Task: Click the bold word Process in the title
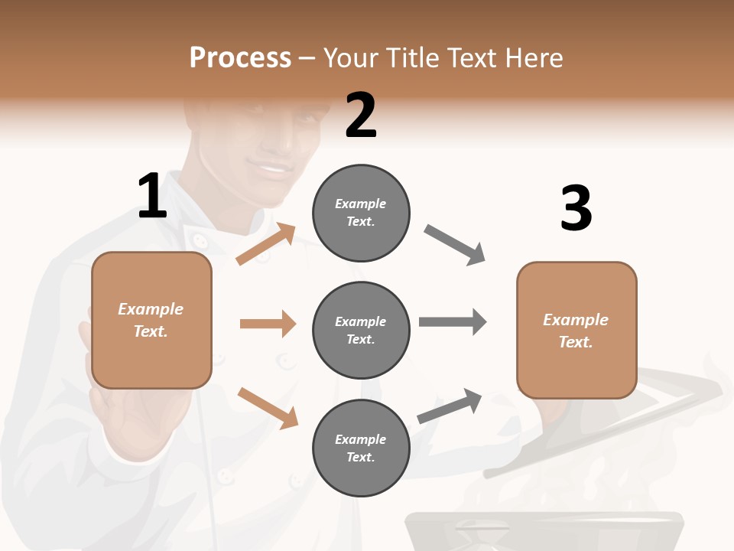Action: (240, 58)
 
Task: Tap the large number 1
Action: (152, 196)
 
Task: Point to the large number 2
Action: (361, 116)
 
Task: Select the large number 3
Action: (576, 208)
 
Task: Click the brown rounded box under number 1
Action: (151, 320)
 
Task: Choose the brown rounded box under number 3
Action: (576, 330)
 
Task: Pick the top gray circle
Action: (361, 212)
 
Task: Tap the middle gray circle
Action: (361, 330)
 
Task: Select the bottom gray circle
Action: (361, 448)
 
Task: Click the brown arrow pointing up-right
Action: (265, 244)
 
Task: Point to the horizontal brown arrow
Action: (268, 324)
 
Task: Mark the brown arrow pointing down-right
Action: (268, 408)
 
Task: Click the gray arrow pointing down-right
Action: (454, 245)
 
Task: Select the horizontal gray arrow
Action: (453, 321)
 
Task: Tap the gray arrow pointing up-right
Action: (450, 406)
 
